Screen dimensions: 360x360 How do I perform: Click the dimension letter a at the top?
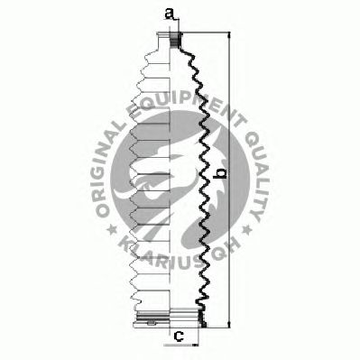point(170,14)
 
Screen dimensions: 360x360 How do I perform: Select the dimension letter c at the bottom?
point(179,336)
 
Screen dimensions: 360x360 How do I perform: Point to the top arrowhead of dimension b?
point(230,35)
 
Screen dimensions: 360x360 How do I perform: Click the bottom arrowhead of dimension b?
point(230,324)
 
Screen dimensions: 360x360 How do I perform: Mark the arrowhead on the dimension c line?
point(196,345)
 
